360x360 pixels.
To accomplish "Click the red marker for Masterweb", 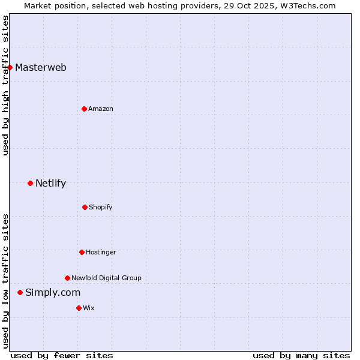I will click(x=10, y=67).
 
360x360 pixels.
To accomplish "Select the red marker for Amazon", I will click(x=84, y=109).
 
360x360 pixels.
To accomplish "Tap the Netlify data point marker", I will click(x=30, y=183).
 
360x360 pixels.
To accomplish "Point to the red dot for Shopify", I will click(x=85, y=207).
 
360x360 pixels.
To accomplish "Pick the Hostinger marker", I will click(x=82, y=252).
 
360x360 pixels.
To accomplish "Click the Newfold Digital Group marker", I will click(x=67, y=278).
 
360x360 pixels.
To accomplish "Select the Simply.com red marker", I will click(x=20, y=292).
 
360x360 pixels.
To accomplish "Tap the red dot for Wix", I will click(x=79, y=308).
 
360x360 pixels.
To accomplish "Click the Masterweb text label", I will click(x=41, y=67).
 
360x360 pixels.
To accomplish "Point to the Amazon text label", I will click(x=101, y=109).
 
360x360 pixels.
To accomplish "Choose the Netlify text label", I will click(x=51, y=183).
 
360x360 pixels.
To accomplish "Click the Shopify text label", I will click(x=101, y=207).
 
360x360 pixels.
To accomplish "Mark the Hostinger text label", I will click(x=101, y=252).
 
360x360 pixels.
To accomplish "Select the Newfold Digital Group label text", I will click(x=107, y=278).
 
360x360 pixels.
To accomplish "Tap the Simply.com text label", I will click(x=53, y=292).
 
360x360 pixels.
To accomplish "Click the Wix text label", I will click(x=89, y=308).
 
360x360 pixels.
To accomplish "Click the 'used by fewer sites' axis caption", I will click(x=62, y=355).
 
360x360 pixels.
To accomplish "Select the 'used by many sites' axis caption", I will click(x=301, y=355).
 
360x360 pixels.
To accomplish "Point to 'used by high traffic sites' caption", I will click(x=5, y=85).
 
